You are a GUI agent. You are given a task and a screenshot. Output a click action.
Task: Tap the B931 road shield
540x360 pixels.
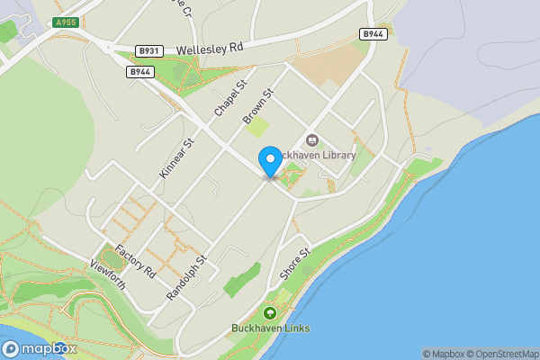(148, 52)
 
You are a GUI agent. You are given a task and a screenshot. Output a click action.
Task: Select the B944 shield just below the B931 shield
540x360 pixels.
(139, 71)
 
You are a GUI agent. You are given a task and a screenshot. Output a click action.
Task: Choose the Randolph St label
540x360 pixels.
(187, 276)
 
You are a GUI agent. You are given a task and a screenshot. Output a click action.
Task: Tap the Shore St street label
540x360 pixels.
(295, 263)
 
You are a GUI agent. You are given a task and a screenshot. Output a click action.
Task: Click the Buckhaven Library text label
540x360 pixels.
(315, 155)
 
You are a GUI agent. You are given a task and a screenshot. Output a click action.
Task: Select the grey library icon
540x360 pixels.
(312, 139)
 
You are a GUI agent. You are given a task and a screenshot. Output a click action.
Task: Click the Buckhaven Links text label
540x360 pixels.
(270, 328)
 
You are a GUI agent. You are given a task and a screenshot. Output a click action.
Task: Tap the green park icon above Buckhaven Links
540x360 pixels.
(269, 313)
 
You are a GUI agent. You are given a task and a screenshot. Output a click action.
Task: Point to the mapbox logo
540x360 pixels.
(40, 348)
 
